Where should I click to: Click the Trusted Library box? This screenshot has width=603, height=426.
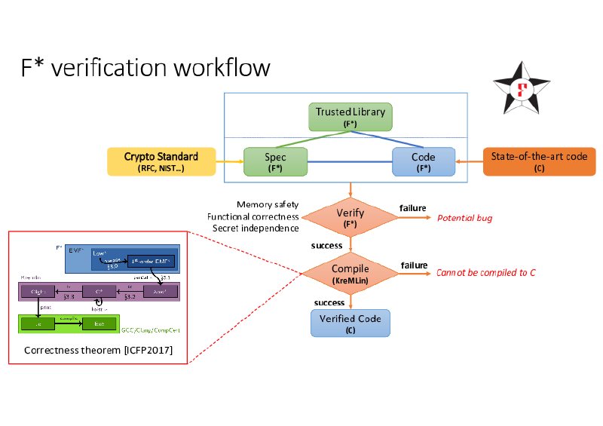[x=350, y=117]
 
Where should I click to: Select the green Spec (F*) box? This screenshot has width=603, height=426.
[x=275, y=161]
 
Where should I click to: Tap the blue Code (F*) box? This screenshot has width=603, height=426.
[x=424, y=161]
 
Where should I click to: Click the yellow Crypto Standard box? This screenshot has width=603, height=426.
[x=161, y=161]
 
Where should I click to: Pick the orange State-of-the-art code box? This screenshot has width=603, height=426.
[x=539, y=161]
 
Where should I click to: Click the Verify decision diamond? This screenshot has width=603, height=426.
[x=350, y=217]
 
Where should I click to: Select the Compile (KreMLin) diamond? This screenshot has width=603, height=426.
[x=350, y=273]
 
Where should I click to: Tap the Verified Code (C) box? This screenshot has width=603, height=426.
[x=350, y=323]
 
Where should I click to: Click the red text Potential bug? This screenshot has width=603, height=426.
[x=464, y=218]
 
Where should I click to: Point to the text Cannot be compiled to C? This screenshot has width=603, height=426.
[x=485, y=272]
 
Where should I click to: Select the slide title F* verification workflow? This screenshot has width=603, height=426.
[x=145, y=67]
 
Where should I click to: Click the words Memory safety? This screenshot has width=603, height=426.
[x=268, y=204]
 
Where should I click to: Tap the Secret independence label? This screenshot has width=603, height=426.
[x=256, y=228]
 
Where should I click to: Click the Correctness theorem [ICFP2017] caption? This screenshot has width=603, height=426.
[x=98, y=350]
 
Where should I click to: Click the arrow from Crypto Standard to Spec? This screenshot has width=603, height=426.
[x=228, y=161]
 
